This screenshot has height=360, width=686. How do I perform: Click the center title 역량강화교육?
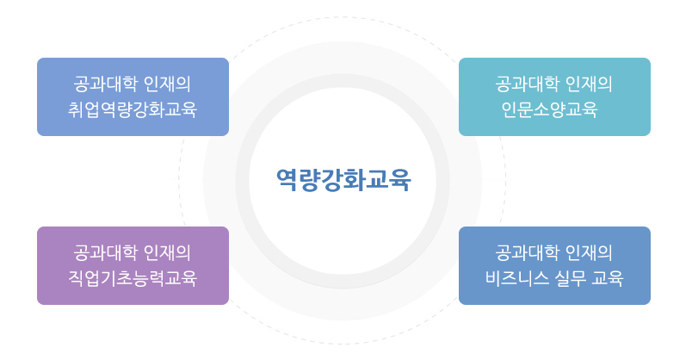pos(343,179)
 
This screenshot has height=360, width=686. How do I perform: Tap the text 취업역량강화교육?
pos(133,109)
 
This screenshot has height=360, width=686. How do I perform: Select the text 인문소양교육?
pos(549,109)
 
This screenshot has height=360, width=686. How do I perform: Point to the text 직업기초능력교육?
pos(133,278)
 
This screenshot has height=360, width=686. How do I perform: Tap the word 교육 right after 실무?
pos(608,278)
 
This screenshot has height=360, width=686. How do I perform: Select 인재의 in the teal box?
pos(589,84)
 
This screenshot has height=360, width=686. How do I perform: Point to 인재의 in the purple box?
pos(167,252)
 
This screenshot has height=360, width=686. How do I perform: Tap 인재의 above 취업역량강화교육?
pos(167,84)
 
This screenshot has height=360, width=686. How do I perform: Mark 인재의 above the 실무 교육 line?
pos(589,252)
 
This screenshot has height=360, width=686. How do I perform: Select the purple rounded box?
pos(133,265)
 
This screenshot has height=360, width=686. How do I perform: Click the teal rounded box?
pos(555,96)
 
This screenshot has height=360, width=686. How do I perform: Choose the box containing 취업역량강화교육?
pos(133,96)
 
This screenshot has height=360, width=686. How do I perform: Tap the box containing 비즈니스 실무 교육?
pos(555,265)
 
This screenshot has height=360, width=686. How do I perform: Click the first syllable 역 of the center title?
pos(287,179)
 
